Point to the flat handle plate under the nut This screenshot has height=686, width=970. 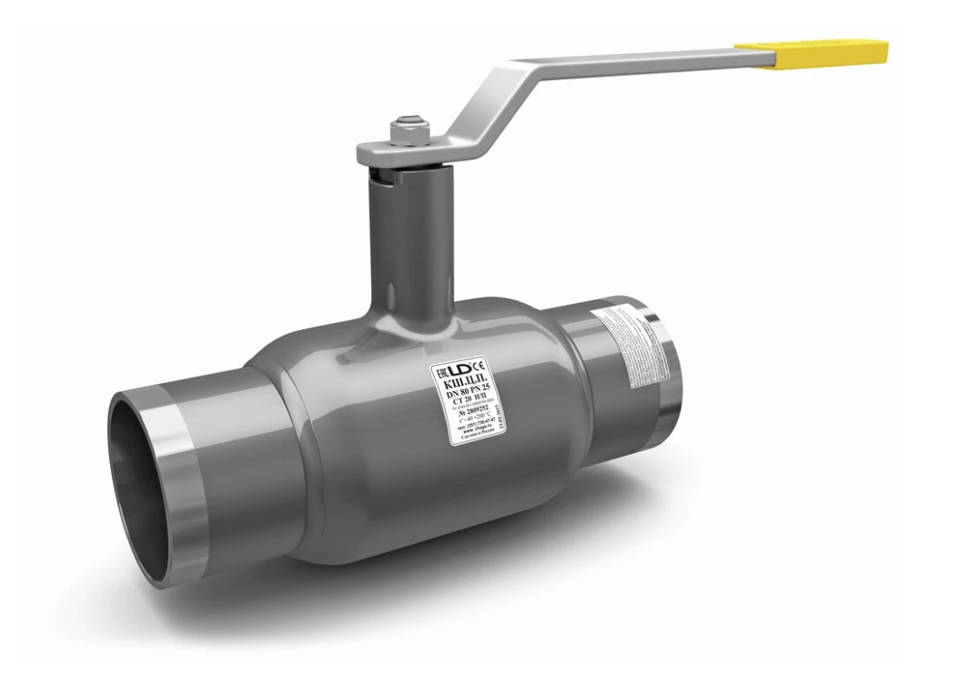point(382,150)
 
